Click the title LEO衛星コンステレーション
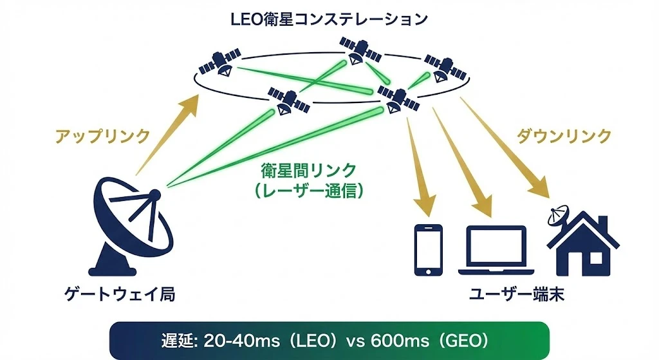(329, 19)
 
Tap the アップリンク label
(102, 136)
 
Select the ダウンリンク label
(564, 136)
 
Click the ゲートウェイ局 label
(120, 294)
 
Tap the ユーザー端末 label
(513, 294)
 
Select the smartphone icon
(428, 250)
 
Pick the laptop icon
(496, 250)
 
